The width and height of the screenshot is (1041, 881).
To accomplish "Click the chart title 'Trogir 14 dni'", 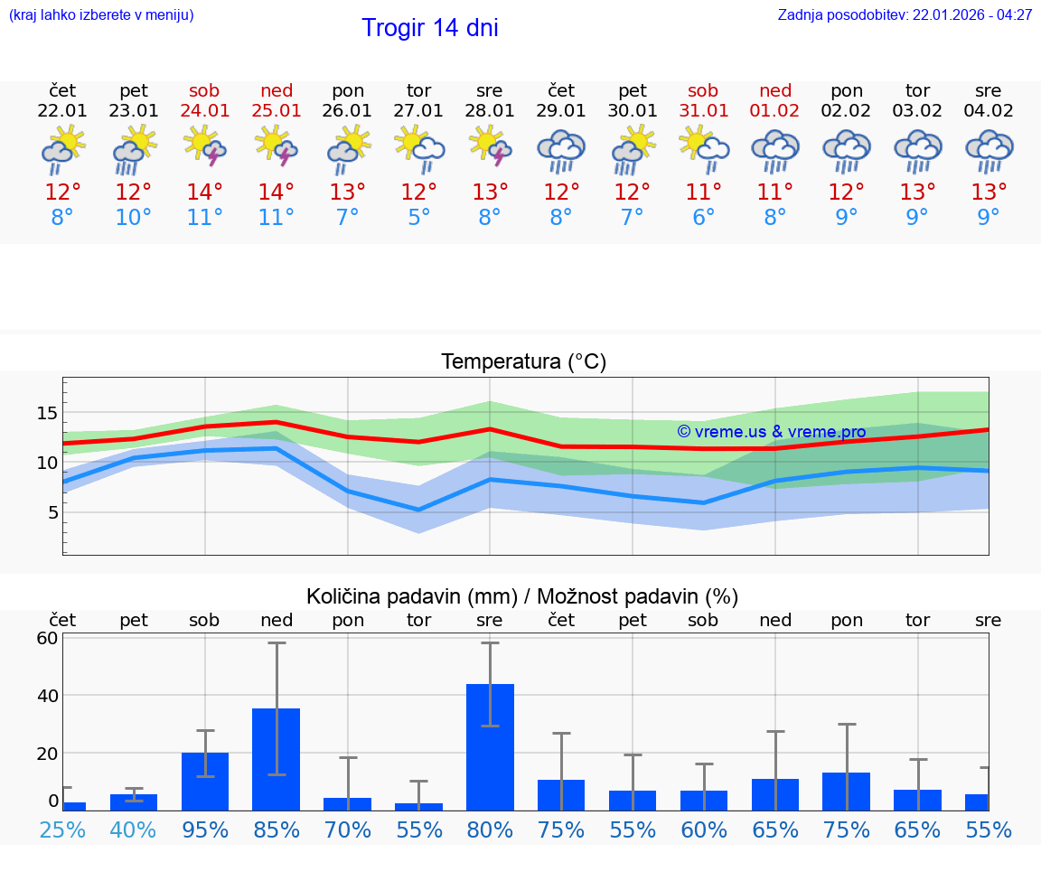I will coord(429,28).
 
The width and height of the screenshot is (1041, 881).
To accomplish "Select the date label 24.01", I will coord(205,110).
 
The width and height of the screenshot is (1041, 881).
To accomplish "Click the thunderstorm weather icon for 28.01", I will coord(490,148).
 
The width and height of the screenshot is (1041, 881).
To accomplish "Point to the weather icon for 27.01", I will coord(418,148).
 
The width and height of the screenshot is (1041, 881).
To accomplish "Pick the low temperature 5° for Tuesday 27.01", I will coord(418,218).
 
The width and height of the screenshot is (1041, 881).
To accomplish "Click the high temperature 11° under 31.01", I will coord(703,192).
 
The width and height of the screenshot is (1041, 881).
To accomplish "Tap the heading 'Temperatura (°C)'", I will coord(523,362).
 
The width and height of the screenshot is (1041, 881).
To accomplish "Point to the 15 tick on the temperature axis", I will coord(47,413).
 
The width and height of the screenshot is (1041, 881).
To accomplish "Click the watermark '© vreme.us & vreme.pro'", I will coord(771,432).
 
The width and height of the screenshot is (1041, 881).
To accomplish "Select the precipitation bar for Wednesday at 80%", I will coord(490,746).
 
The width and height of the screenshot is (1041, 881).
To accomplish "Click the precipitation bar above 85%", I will coord(277,759).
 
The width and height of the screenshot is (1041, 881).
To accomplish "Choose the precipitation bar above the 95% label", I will coord(205,781).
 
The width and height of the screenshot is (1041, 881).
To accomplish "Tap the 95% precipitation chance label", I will coord(205,829).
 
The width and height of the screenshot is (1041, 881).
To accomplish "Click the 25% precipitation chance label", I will coord(62,829).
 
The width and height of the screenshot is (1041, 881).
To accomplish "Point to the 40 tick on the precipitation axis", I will coord(47,696).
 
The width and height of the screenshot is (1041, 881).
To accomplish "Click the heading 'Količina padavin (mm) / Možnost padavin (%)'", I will coord(522,596).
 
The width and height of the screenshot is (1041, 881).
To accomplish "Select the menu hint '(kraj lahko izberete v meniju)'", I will coord(101,15).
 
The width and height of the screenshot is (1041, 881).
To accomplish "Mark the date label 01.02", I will coord(774,110).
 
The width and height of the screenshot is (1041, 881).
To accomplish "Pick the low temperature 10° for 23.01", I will coord(134,218).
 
